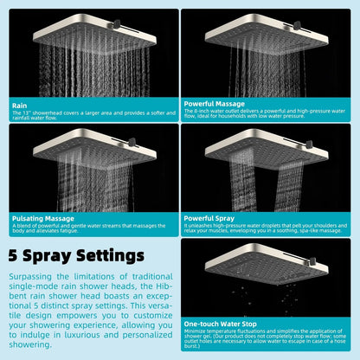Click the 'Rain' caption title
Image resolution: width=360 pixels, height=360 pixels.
coord(20,106)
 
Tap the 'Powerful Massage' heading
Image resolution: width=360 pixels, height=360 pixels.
coord(215,104)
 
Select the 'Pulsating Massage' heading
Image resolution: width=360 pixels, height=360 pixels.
coord(43,219)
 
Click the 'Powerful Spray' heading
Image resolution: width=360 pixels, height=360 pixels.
coord(209,218)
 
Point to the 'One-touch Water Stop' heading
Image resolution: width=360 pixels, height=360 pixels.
coord(220,324)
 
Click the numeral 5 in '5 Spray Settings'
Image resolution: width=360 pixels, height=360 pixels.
coord(13,255)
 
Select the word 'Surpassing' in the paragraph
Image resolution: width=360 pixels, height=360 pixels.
coord(30,277)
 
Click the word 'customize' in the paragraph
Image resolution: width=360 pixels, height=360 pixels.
coord(153,316)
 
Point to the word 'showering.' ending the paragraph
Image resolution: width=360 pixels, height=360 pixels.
coord(30,344)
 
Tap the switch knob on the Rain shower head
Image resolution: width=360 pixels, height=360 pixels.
coord(117,24)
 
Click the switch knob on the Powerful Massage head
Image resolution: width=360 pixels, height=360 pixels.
coord(297,25)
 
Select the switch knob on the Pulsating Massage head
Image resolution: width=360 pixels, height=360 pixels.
coord(132,142)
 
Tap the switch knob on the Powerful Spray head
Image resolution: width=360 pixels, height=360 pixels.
coord(309,145)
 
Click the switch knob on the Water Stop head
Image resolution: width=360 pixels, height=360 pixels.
coord(312,262)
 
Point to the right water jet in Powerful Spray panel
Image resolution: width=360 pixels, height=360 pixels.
coord(289,186)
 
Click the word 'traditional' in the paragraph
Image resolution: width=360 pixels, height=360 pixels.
coord(152,277)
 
